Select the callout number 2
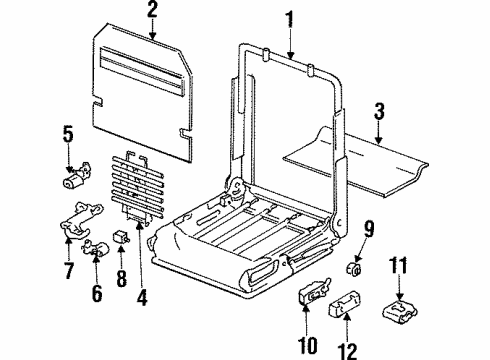pos(152,11)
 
